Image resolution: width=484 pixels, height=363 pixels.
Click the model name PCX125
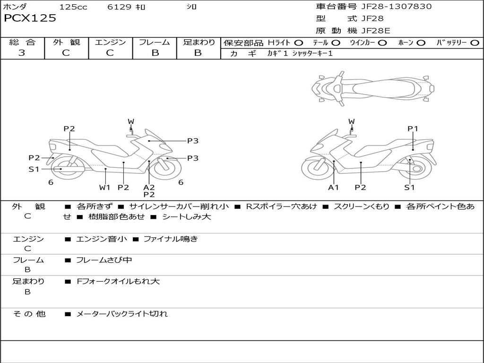coord(30,18)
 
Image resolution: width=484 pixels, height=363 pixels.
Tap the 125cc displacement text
coord(73,7)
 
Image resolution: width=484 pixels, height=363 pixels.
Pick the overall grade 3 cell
coord(22,53)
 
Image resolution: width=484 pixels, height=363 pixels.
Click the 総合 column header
coord(22,43)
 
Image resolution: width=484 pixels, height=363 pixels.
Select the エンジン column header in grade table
coord(110,43)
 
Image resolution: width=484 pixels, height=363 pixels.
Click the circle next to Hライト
coord(299,43)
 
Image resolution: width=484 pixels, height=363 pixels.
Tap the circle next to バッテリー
coord(475,43)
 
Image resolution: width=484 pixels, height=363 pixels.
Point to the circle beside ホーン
coord(421,43)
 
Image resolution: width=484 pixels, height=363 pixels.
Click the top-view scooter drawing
coord(373,87)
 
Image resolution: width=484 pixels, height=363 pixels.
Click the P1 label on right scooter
coord(413,129)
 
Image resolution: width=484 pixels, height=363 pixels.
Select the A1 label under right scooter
coord(334,188)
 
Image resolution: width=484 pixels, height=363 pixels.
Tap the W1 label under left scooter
coord(104,188)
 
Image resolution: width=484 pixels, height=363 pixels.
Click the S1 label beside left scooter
coord(34,169)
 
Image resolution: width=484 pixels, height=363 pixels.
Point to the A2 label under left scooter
coord(149,187)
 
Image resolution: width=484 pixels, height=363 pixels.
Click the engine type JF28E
coord(376,31)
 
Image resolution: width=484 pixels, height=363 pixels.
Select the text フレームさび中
coord(104,260)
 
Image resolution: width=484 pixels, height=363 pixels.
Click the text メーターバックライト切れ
coord(122,314)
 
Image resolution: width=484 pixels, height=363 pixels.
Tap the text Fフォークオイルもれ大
coord(118,281)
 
